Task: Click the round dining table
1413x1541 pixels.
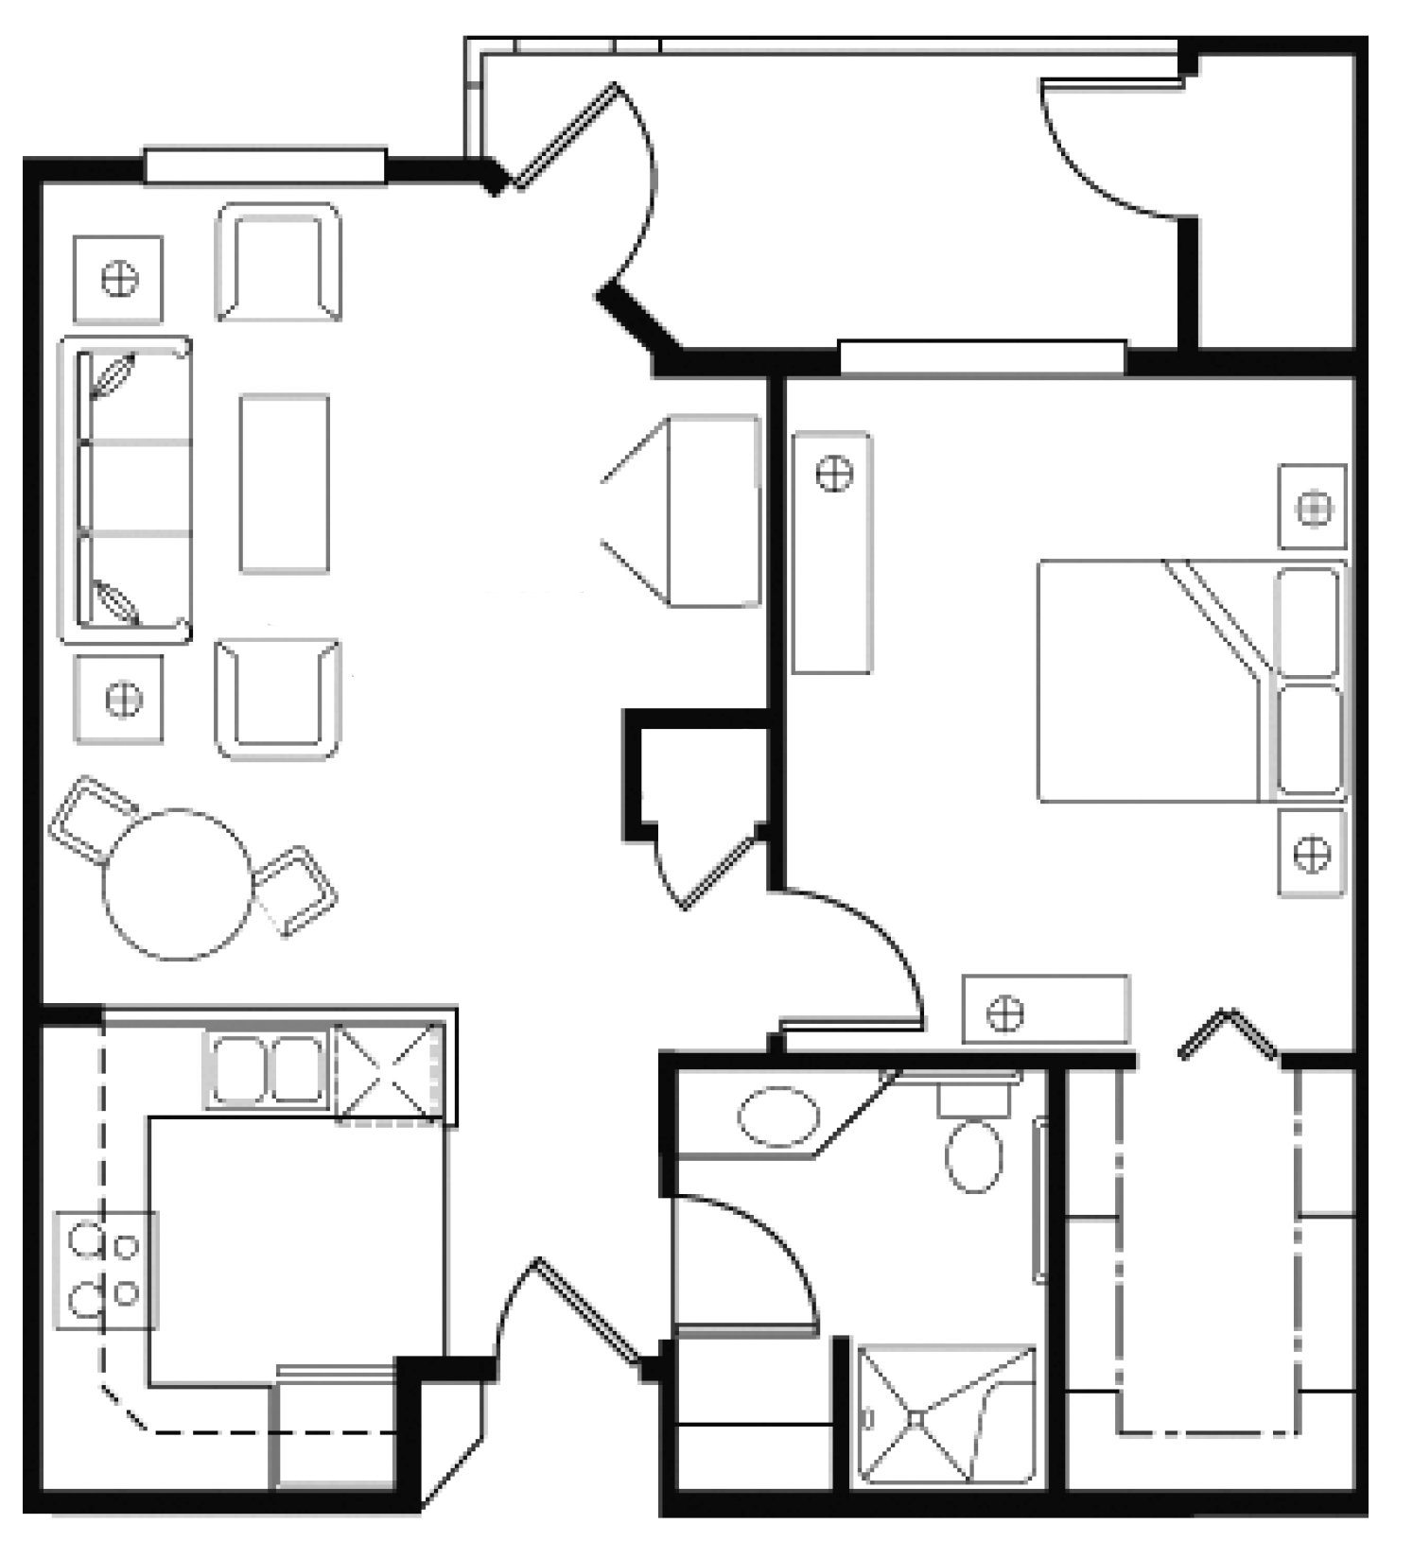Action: point(179,884)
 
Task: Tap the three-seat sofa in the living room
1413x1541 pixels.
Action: point(126,490)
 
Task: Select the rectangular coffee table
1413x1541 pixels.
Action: point(284,483)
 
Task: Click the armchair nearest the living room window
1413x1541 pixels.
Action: point(278,263)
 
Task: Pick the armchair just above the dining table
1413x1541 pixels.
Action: point(278,699)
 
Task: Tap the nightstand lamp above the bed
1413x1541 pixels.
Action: point(1313,509)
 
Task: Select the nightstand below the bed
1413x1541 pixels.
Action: point(1311,854)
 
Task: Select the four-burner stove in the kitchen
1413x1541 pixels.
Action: point(106,1270)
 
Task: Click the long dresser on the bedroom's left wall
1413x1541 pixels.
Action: point(831,552)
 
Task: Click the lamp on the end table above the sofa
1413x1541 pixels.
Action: point(119,279)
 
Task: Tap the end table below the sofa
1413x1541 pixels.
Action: point(119,699)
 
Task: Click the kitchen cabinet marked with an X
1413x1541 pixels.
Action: point(389,1074)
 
